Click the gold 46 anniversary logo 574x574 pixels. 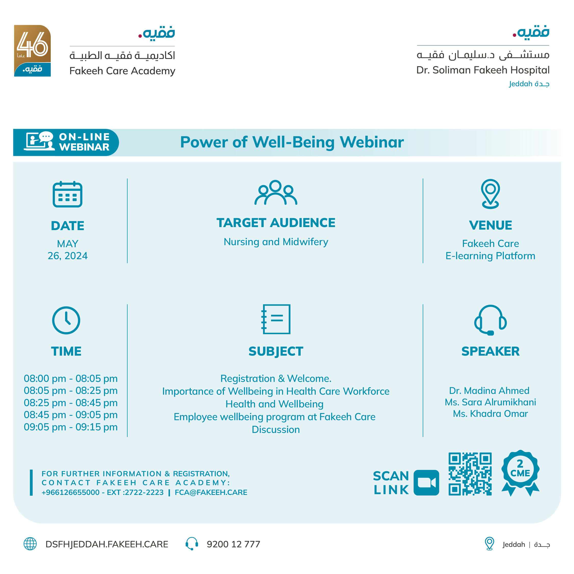click(x=32, y=51)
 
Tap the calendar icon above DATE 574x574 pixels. click(x=67, y=194)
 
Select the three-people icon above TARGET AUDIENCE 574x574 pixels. click(x=276, y=193)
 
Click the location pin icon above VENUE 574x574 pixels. click(x=490, y=194)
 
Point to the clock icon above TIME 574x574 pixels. click(x=66, y=320)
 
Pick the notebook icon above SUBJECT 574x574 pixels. click(x=276, y=319)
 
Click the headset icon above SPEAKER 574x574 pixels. click(x=490, y=320)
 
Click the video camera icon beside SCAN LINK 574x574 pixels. click(x=426, y=482)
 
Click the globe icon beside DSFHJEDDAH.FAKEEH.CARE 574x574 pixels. click(x=30, y=544)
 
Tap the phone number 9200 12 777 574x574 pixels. click(x=233, y=544)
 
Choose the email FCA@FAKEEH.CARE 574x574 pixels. click(x=211, y=492)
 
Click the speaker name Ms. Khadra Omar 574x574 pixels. click(x=490, y=414)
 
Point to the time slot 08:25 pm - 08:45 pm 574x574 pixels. click(x=71, y=403)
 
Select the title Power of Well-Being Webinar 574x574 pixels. click(x=292, y=142)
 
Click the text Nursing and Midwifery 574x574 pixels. click(x=276, y=242)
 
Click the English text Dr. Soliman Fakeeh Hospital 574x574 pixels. click(x=483, y=70)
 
